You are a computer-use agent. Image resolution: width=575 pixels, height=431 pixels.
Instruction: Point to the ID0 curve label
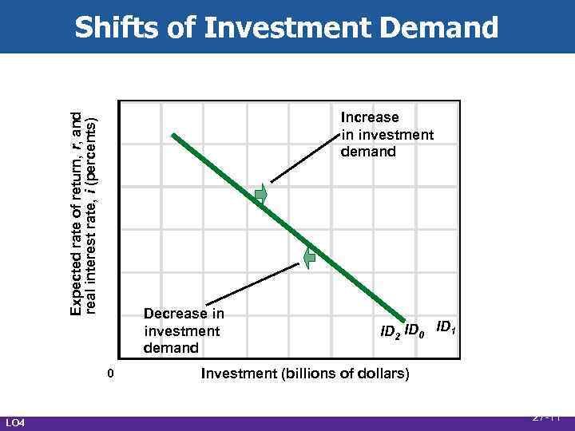[x=416, y=330]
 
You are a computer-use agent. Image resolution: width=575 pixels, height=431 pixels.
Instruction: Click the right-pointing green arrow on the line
[x=261, y=194]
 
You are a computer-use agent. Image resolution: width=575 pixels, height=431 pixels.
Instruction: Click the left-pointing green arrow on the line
[x=309, y=256]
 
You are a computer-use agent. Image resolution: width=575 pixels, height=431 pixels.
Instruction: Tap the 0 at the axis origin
[x=112, y=374]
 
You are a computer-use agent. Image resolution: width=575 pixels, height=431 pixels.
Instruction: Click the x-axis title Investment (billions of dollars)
[x=305, y=373]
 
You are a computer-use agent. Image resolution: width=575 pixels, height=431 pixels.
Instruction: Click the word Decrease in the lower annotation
[x=184, y=314]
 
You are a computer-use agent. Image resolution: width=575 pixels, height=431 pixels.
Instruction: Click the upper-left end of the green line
[x=175, y=136]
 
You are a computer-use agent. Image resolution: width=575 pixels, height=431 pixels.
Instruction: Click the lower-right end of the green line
[x=404, y=321]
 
